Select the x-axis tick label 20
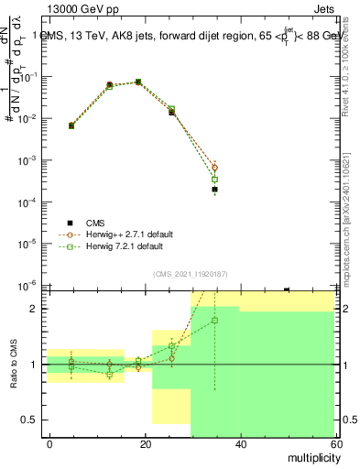point(146,443)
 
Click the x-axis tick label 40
point(241,443)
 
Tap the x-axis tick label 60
point(335,443)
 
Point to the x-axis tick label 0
point(50,443)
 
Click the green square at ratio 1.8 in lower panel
point(214,321)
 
